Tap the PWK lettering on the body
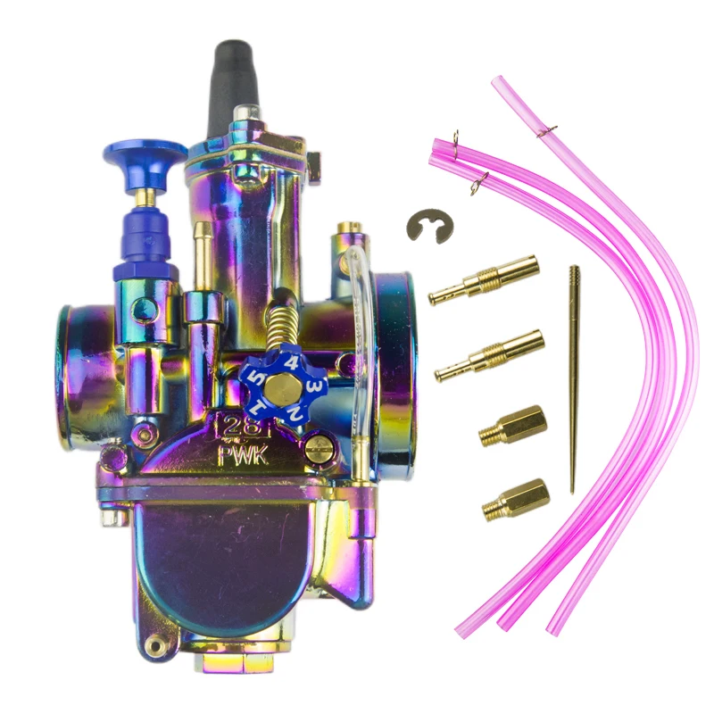pyautogui.click(x=243, y=455)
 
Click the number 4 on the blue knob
pyautogui.click(x=293, y=364)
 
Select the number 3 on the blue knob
pyautogui.click(x=314, y=387)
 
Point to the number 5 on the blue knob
pyautogui.click(x=258, y=378)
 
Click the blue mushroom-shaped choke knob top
pyautogui.click(x=145, y=160)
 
